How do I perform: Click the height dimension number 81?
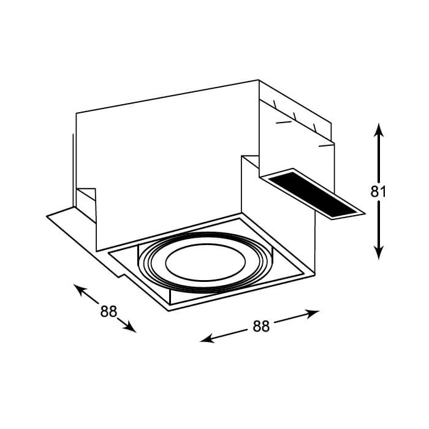point(378,191)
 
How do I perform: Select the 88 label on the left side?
point(108,311)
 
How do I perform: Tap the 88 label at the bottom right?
point(261,326)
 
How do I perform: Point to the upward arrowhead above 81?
point(379,130)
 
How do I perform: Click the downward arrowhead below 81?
point(379,252)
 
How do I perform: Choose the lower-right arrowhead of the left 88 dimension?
point(130,327)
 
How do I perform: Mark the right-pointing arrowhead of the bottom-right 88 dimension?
point(313,313)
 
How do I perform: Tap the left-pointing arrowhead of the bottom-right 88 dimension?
point(207,339)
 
